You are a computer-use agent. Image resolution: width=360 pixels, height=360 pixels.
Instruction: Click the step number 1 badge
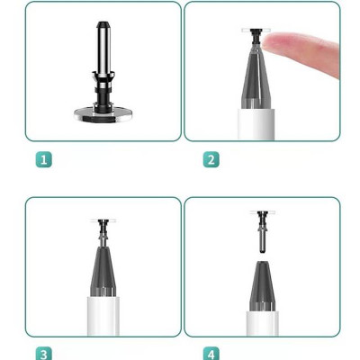(43, 159)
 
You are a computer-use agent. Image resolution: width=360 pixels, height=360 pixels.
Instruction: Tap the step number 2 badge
(211, 159)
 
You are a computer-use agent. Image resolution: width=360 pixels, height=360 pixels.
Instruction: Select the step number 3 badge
(43, 353)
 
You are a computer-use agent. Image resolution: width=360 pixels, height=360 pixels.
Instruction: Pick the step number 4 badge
(211, 353)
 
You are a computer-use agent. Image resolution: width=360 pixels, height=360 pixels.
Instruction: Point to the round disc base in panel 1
(103, 113)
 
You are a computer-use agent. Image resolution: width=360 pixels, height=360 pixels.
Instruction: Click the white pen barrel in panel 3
(103, 315)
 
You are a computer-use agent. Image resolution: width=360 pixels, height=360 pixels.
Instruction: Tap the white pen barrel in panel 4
(262, 322)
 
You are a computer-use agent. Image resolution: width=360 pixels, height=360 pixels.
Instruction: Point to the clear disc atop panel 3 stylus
(103, 219)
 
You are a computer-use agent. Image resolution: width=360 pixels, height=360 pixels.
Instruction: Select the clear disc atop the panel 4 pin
(262, 211)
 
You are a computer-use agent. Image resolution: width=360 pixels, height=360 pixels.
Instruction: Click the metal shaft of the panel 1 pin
(103, 54)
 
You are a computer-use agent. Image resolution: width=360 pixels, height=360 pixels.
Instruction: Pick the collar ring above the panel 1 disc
(103, 94)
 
